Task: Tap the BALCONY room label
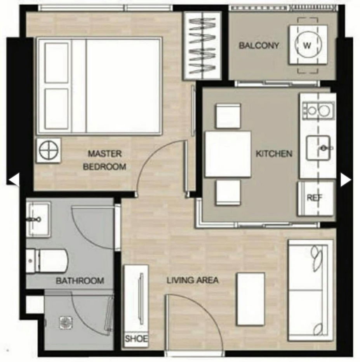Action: click(259, 45)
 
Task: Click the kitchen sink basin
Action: click(318, 148)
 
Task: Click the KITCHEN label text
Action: click(274, 154)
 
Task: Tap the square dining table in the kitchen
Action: click(228, 154)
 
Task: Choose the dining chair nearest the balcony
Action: click(228, 116)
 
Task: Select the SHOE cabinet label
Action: click(136, 339)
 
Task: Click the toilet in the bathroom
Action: click(47, 261)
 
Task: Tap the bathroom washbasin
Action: click(38, 219)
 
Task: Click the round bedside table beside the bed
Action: click(49, 151)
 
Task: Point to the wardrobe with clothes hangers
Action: click(202, 45)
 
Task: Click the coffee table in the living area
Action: click(250, 299)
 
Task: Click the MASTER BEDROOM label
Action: click(104, 160)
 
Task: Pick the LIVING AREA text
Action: click(193, 280)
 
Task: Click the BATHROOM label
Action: click(80, 281)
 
